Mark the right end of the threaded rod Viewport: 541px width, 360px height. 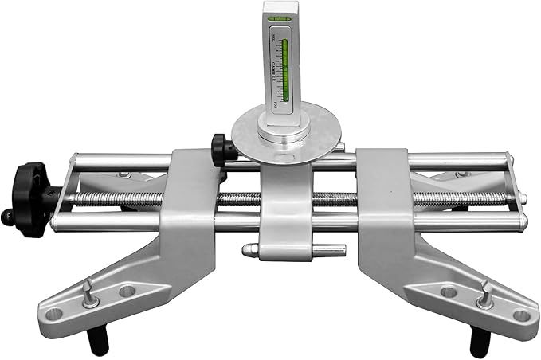click(522, 200)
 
